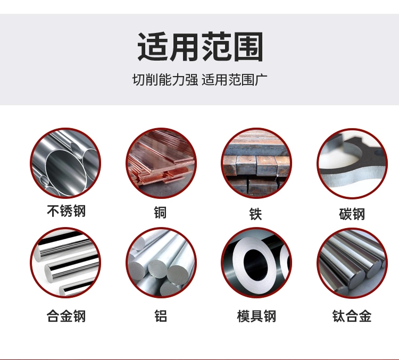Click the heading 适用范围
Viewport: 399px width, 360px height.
pyautogui.click(x=200, y=47)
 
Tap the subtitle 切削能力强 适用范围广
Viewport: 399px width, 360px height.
pyautogui.click(x=199, y=80)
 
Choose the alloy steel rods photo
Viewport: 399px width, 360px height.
pyautogui.click(x=65, y=263)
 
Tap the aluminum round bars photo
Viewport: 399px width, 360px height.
pyautogui.click(x=161, y=263)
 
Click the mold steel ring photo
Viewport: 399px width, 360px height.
pyautogui.click(x=256, y=263)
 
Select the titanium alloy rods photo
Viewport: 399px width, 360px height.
pyautogui.click(x=352, y=263)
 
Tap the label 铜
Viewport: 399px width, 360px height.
pyautogui.click(x=160, y=213)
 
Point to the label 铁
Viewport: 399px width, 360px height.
pyautogui.click(x=256, y=214)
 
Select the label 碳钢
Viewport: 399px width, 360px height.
pyautogui.click(x=352, y=214)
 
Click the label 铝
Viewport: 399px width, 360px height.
pyautogui.click(x=160, y=316)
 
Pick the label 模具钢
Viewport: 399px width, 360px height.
pyautogui.click(x=256, y=316)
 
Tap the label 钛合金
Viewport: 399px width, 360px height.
pyautogui.click(x=352, y=316)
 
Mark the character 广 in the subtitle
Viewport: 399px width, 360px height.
pyautogui.click(x=261, y=80)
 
